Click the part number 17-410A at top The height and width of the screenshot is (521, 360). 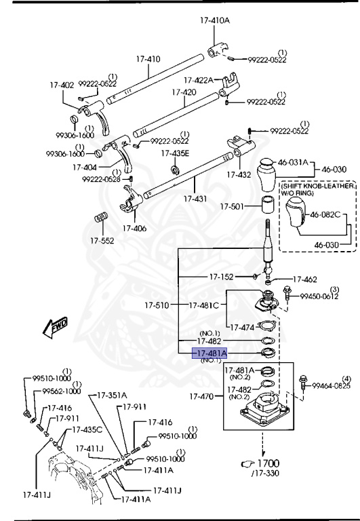coord(215,20)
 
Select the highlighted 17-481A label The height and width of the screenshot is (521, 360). coord(210,353)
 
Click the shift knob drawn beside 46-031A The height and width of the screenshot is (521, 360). coord(266,176)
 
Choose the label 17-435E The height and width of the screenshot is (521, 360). coord(176,153)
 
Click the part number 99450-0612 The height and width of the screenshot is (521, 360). coord(320,296)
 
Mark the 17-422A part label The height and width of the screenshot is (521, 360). coord(198,80)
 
